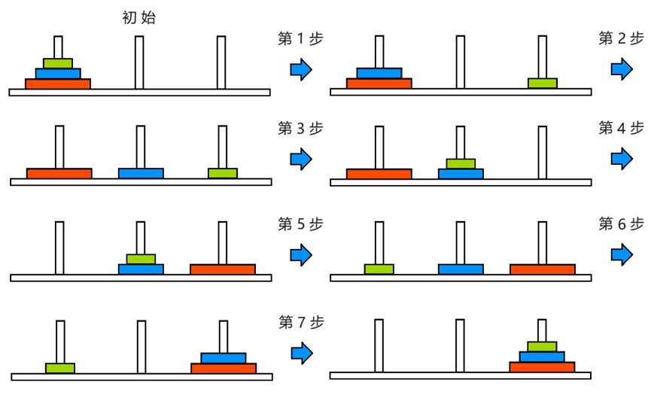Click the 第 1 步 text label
pyautogui.click(x=300, y=39)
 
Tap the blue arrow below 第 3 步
pyautogui.click(x=300, y=159)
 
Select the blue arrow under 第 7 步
pyautogui.click(x=300, y=352)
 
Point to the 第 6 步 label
pyautogui.click(x=621, y=223)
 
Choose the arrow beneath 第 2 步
pyautogui.click(x=622, y=70)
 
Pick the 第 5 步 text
pyautogui.click(x=300, y=223)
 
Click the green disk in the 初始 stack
pyautogui.click(x=58, y=63)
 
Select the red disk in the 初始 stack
pyautogui.click(x=58, y=84)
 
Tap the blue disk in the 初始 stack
pyautogui.click(x=58, y=74)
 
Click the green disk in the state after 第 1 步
pyautogui.click(x=542, y=83)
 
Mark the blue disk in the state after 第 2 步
pyautogui.click(x=141, y=173)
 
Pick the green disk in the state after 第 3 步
pyautogui.click(x=461, y=163)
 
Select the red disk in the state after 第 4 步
pyautogui.click(x=223, y=269)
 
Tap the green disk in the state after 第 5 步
pyautogui.click(x=379, y=269)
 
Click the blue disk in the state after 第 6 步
pyautogui.click(x=223, y=357)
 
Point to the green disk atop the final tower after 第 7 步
pyautogui.click(x=542, y=347)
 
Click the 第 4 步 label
pyautogui.click(x=621, y=128)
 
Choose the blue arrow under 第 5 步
pyautogui.click(x=300, y=254)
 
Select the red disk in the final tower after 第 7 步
pyautogui.click(x=542, y=367)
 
